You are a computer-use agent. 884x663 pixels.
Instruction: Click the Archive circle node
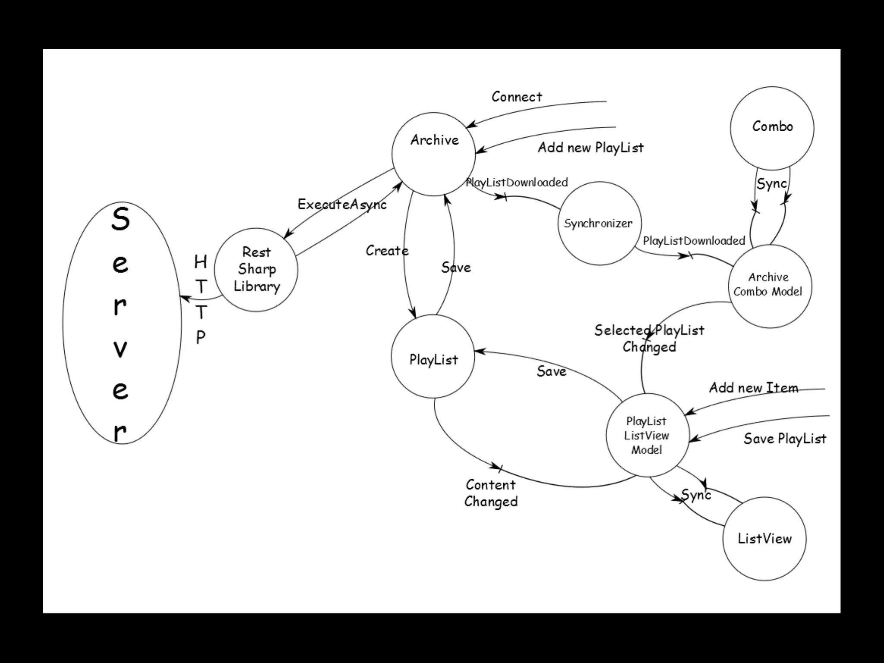tap(433, 154)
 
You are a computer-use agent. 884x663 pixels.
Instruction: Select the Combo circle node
tap(772, 128)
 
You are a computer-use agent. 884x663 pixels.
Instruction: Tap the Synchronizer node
tap(599, 223)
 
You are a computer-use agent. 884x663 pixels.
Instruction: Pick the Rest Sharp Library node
tap(256, 270)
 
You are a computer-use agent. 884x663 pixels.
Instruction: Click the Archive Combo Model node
tap(770, 286)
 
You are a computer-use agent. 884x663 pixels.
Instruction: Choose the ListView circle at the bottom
tap(764, 538)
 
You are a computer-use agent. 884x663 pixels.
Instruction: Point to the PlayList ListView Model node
tap(647, 435)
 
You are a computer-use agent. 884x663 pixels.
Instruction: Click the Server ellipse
tap(122, 323)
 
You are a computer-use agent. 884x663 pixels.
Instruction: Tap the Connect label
tap(517, 97)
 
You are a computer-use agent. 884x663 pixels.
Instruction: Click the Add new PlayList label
tap(590, 148)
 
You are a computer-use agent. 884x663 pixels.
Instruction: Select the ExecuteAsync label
tap(342, 204)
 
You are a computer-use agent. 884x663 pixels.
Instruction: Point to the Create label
tap(387, 250)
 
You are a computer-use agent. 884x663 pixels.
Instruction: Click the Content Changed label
tap(491, 493)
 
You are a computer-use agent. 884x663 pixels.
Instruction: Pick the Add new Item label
tap(753, 388)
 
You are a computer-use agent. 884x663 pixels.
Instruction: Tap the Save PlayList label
tap(785, 439)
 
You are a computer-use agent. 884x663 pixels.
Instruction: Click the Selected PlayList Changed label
tap(649, 338)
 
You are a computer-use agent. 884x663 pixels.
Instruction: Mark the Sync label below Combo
tap(771, 184)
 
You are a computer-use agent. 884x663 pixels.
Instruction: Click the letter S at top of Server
tap(120, 219)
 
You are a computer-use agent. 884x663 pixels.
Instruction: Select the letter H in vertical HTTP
tap(201, 262)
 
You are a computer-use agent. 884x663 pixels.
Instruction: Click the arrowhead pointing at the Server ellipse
tap(183, 297)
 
